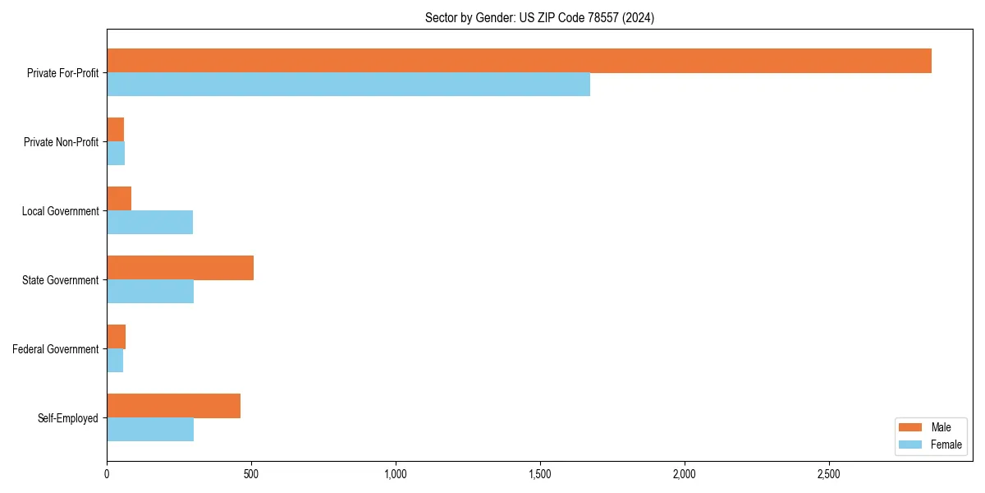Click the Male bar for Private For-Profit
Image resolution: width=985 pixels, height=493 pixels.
519,61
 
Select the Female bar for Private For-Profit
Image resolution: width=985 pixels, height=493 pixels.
348,85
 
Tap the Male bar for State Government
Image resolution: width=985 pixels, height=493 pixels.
180,268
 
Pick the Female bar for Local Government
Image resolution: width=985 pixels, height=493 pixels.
149,223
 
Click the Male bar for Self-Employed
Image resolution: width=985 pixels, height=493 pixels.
173,406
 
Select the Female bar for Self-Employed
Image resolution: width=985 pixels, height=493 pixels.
150,430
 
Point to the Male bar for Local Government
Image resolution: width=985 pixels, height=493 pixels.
119,199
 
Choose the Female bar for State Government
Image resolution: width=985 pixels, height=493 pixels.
150,292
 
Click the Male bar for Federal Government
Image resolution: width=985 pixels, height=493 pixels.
116,337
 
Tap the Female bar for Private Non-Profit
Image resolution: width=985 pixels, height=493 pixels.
116,154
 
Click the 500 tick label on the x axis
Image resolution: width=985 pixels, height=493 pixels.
251,474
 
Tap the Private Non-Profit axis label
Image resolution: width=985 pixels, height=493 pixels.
61,142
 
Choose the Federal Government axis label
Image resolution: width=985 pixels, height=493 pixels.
56,349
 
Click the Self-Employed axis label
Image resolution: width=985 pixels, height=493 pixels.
67,418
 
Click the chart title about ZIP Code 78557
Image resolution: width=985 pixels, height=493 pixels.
539,17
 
